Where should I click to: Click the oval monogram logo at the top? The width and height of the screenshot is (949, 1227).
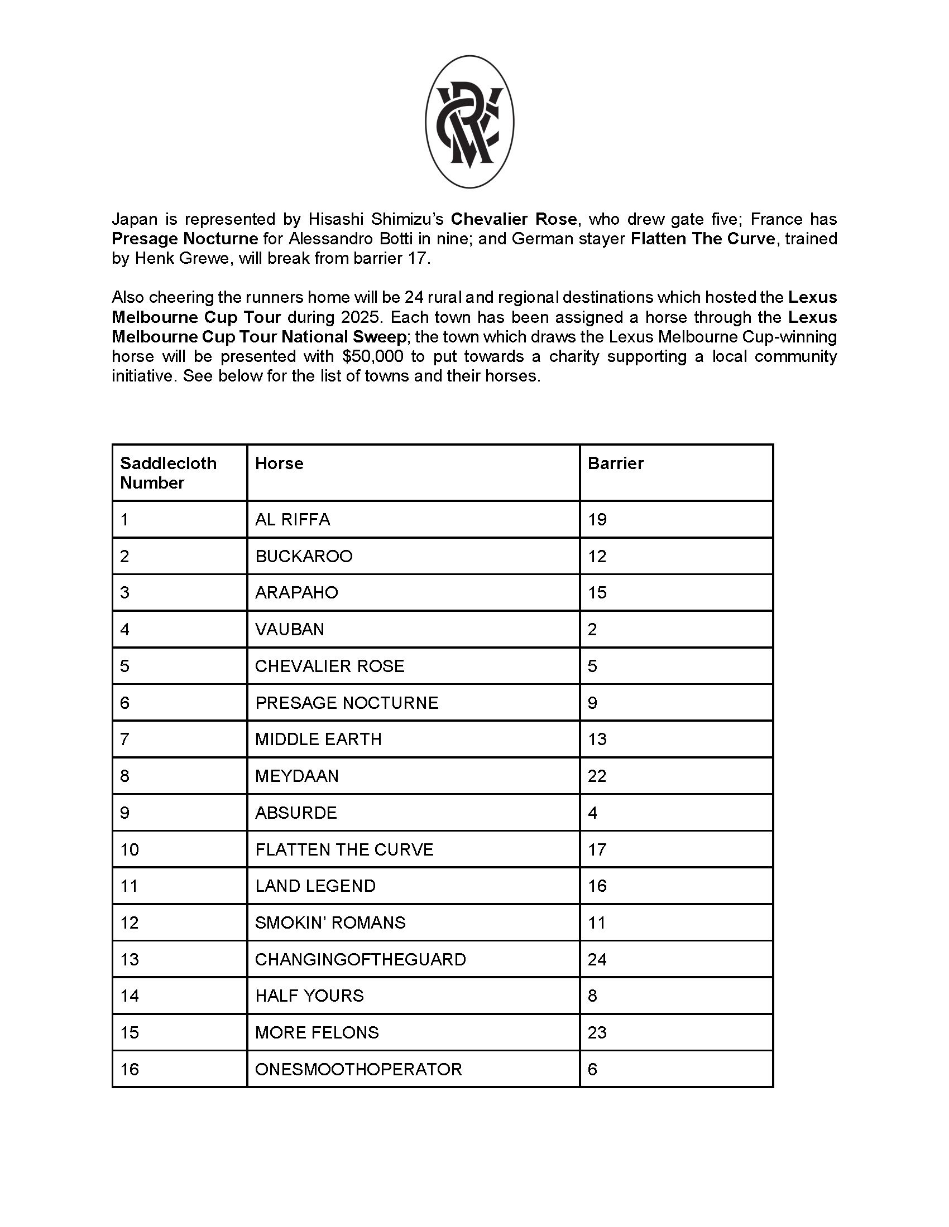pos(469,122)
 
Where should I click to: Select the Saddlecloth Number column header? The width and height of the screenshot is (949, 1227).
pos(168,472)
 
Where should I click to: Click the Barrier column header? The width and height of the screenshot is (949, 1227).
pos(616,463)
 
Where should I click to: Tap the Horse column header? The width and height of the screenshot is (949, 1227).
pos(279,463)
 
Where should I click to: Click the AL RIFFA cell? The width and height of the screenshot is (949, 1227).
pos(293,519)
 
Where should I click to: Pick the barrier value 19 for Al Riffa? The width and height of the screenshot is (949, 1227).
pos(597,519)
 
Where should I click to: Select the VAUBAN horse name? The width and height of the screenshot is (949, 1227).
pos(290,629)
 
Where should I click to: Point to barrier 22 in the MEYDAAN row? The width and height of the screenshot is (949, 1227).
pos(597,776)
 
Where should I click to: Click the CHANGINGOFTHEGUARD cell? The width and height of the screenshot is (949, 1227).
pos(361,959)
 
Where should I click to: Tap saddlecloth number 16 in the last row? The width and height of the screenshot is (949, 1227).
pos(130,1069)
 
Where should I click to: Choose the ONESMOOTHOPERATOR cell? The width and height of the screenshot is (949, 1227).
pos(358,1069)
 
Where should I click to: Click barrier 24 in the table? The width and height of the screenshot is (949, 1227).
pos(597,959)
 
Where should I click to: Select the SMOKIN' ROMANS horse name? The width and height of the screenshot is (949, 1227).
pos(330,922)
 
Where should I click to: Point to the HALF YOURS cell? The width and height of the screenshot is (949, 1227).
pos(309,996)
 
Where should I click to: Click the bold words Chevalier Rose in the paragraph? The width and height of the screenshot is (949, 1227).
pos(513,219)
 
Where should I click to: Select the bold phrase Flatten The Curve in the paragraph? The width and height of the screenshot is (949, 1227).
pos(703,239)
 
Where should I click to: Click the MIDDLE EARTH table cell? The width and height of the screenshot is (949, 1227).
pos(318,740)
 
